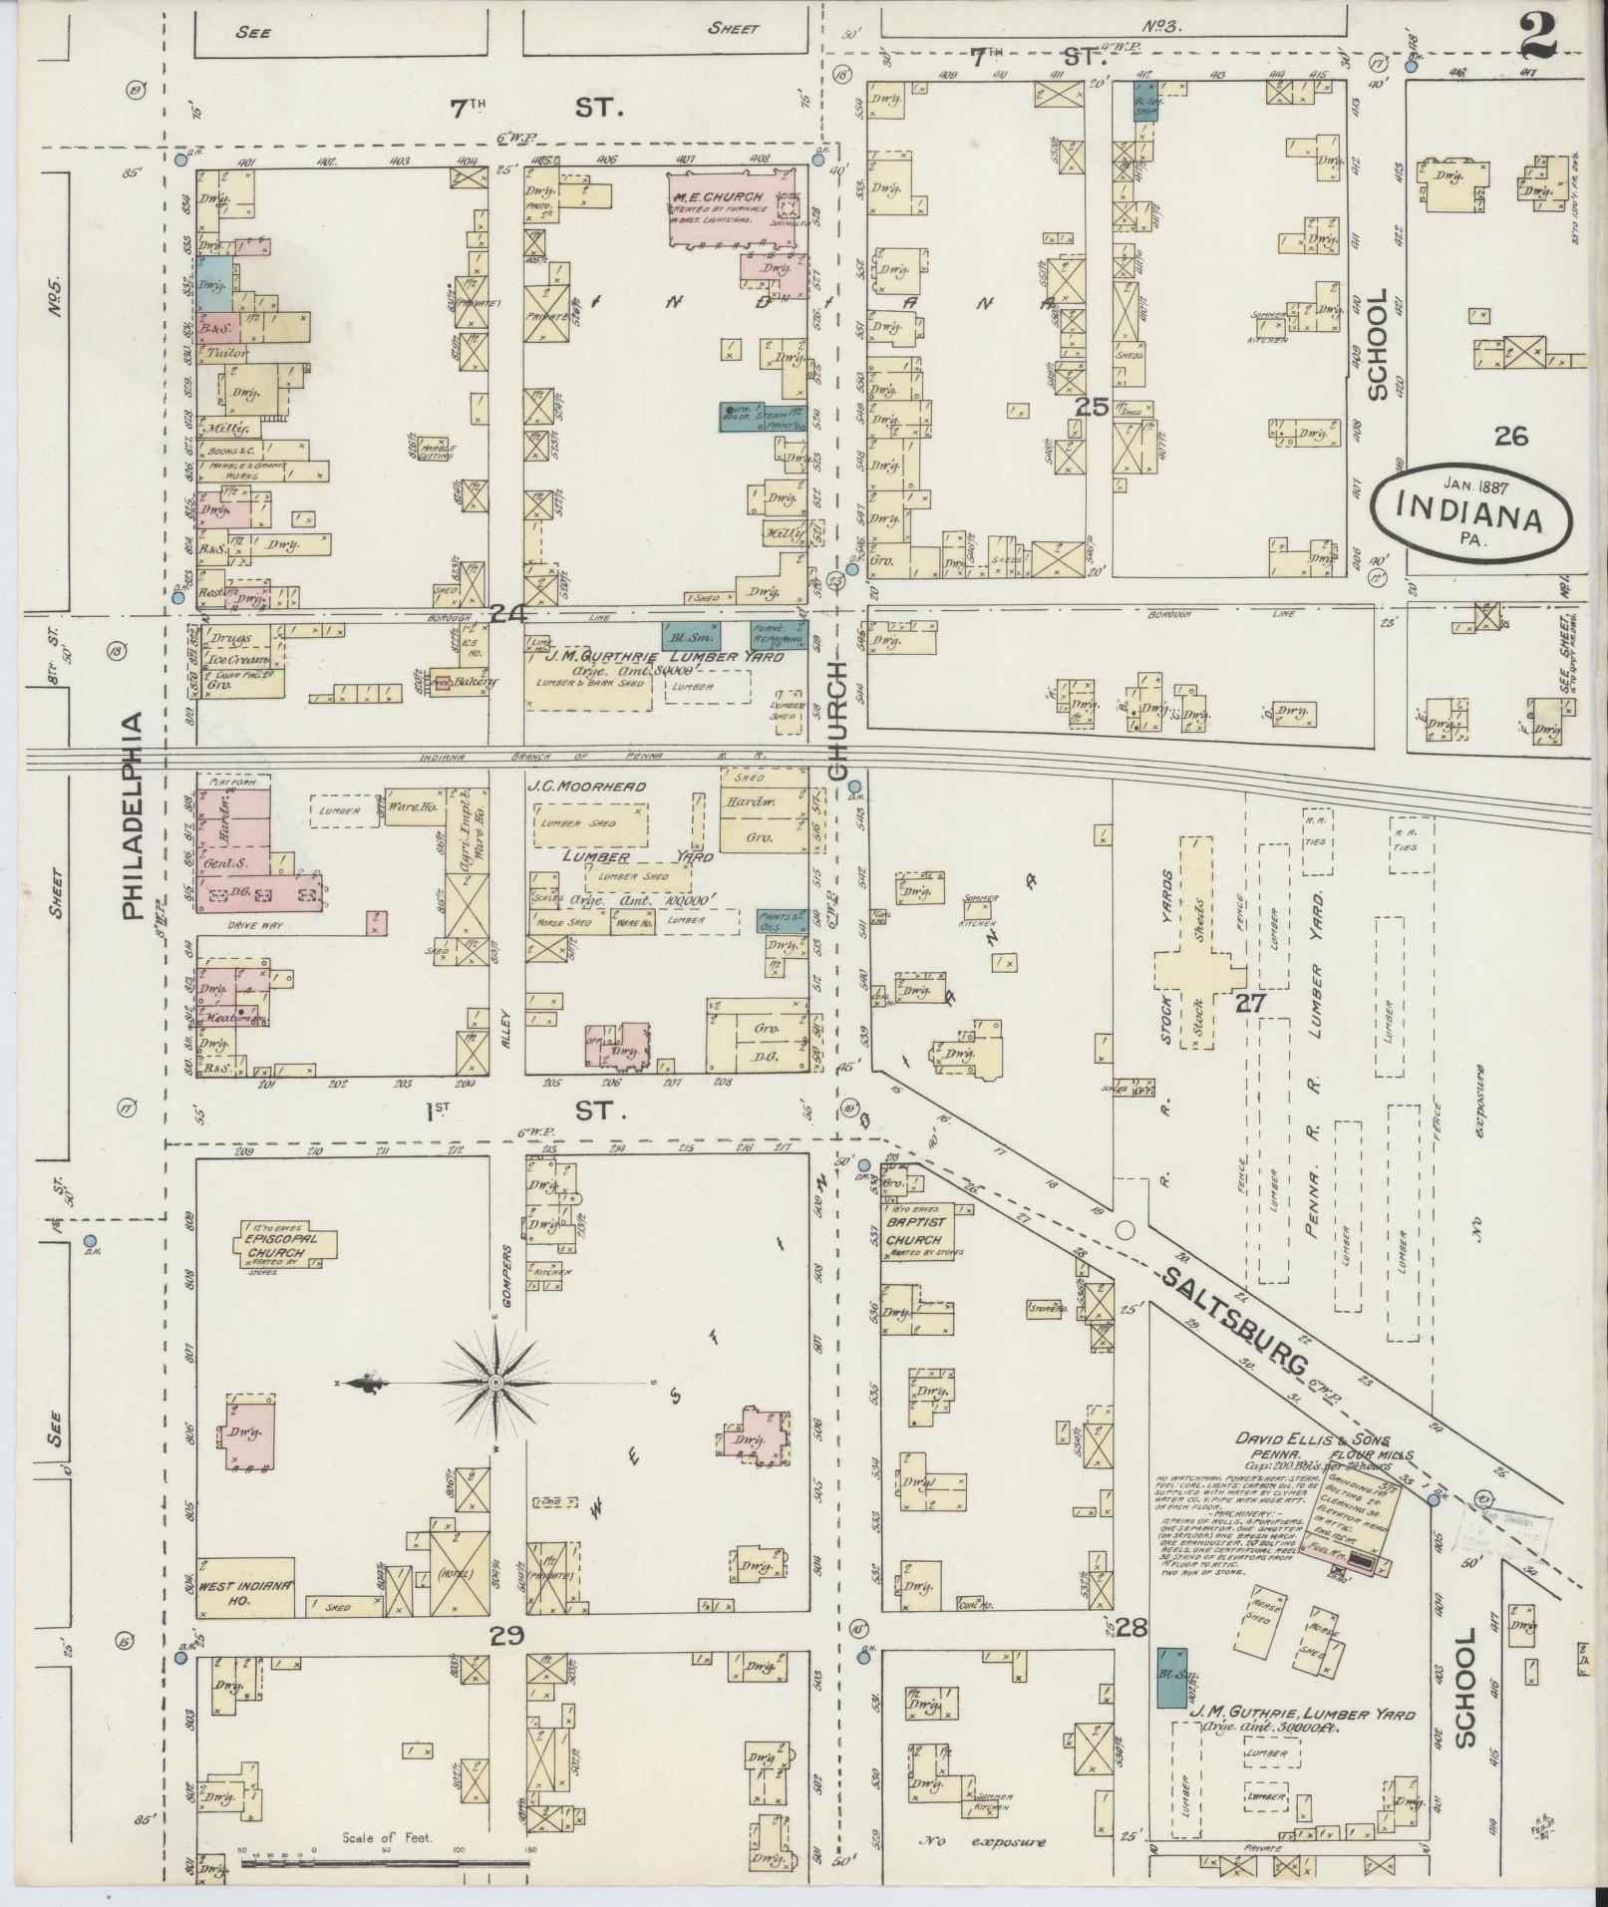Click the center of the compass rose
coord(494,1384)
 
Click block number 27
coord(1250,1003)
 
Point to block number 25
coord(1093,407)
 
